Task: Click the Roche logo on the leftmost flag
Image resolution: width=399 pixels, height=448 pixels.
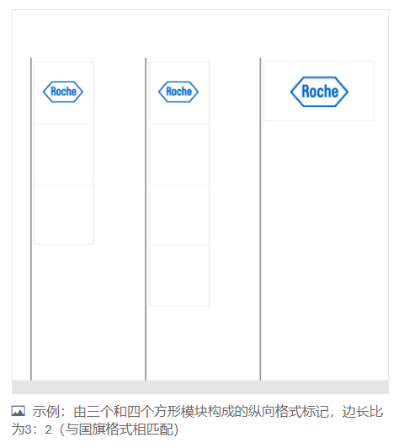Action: click(x=63, y=92)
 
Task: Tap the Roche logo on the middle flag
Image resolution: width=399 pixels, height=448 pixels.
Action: click(x=178, y=92)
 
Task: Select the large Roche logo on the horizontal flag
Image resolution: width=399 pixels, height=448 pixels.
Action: click(x=319, y=92)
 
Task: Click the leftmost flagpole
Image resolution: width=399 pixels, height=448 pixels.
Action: click(x=31, y=219)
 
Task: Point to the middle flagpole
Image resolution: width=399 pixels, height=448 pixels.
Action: click(x=146, y=219)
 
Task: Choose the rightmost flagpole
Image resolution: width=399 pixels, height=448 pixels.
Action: click(x=260, y=219)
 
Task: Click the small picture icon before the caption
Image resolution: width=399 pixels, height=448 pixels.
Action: click(x=18, y=411)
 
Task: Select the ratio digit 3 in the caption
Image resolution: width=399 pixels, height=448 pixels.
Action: click(x=28, y=429)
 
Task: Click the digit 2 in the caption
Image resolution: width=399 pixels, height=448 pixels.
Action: click(x=48, y=429)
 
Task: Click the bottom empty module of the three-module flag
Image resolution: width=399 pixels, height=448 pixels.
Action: click(x=64, y=214)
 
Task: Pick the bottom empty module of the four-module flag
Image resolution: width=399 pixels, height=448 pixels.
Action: click(x=179, y=275)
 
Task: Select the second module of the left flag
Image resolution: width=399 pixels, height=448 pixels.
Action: click(x=64, y=154)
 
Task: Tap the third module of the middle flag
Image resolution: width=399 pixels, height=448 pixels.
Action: click(x=179, y=215)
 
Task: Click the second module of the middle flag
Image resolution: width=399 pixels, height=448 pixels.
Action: click(x=179, y=154)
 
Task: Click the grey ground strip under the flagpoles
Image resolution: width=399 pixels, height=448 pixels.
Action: click(x=200, y=387)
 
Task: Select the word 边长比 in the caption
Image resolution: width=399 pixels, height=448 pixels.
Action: click(x=363, y=412)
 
